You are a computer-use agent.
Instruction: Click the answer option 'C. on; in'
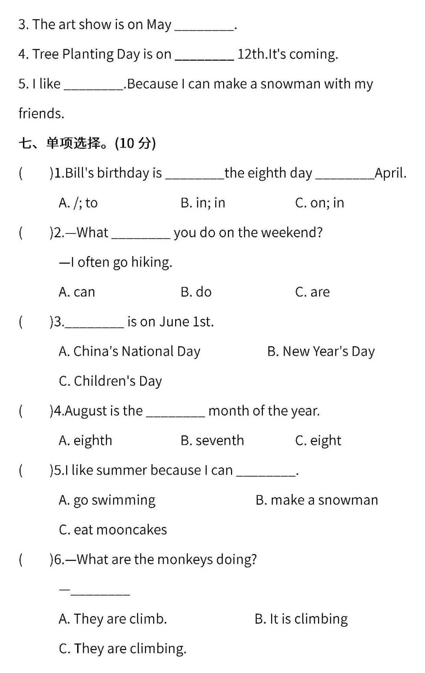click(320, 203)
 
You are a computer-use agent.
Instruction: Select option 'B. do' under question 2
click(196, 292)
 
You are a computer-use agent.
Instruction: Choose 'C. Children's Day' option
click(110, 381)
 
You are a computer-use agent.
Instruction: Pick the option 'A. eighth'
click(85, 440)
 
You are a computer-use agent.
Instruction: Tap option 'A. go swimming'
click(107, 500)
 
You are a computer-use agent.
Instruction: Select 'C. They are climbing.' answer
click(122, 649)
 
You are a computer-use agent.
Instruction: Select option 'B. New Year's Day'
click(321, 351)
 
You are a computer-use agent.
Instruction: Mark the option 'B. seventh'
click(212, 440)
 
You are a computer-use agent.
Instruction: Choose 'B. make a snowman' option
click(316, 500)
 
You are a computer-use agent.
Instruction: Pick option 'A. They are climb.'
click(113, 619)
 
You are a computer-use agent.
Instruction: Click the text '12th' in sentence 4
click(251, 54)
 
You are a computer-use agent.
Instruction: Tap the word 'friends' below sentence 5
click(41, 114)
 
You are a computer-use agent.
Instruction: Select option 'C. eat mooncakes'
click(113, 530)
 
